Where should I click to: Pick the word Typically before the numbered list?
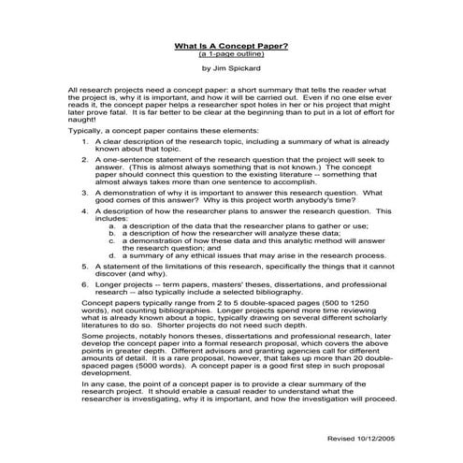[x=86, y=131]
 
